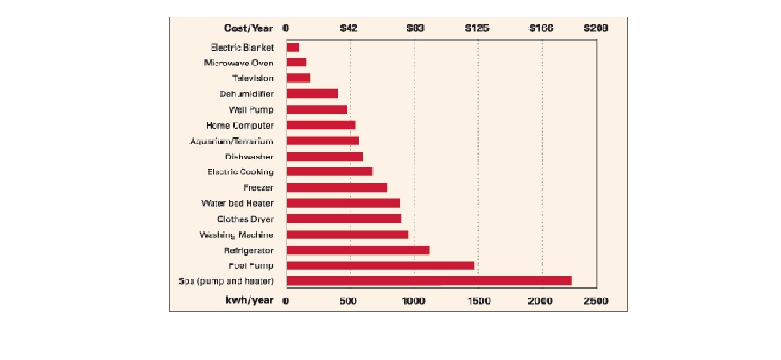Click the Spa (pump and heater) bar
click(x=429, y=281)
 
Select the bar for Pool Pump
click(x=380, y=265)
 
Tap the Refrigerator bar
click(x=358, y=249)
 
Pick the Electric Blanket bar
click(x=293, y=47)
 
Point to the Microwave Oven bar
click(x=296, y=62)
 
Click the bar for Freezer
click(x=336, y=187)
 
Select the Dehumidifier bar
click(x=312, y=94)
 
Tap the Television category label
click(x=253, y=78)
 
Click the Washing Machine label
click(x=236, y=234)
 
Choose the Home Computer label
click(x=240, y=125)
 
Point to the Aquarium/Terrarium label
click(x=232, y=141)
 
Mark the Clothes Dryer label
click(x=246, y=219)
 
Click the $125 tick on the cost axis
click(x=477, y=28)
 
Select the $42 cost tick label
click(x=349, y=28)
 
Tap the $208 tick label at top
click(x=595, y=28)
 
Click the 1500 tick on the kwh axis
click(x=479, y=302)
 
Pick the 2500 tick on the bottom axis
click(x=596, y=302)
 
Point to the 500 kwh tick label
click(x=349, y=302)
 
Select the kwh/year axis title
click(x=249, y=302)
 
